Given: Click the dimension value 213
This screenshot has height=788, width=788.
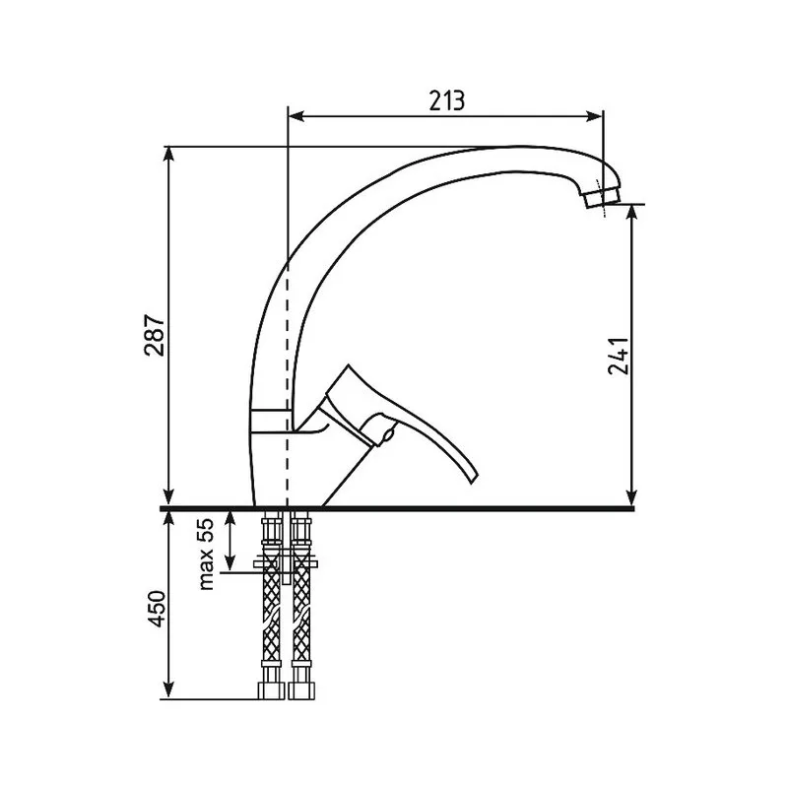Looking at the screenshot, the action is pyautogui.click(x=447, y=100).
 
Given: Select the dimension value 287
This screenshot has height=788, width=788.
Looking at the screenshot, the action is pyautogui.click(x=155, y=335).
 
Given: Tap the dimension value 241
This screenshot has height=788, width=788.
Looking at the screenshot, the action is pyautogui.click(x=619, y=356).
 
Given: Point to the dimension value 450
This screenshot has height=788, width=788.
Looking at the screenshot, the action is pyautogui.click(x=158, y=609).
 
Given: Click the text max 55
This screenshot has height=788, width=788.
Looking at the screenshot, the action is pyautogui.click(x=207, y=554).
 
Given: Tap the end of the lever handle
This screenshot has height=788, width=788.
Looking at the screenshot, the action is pyautogui.click(x=473, y=478).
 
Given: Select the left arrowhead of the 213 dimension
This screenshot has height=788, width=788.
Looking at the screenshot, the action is pyautogui.click(x=296, y=116).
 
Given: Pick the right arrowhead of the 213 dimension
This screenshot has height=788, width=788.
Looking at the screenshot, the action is pyautogui.click(x=594, y=116).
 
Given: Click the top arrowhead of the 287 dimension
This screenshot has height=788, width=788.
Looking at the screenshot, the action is pyautogui.click(x=169, y=155).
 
